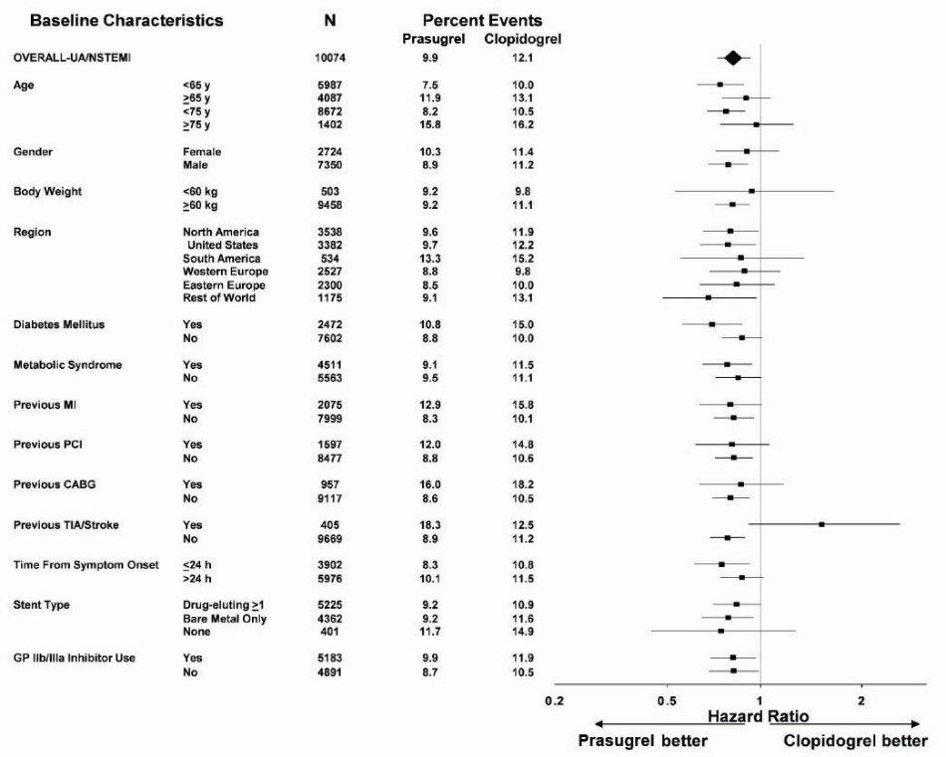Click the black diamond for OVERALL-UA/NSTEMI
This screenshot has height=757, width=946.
[733, 59]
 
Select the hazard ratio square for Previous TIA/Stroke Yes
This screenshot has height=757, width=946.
[822, 524]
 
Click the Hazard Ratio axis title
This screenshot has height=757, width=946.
[759, 716]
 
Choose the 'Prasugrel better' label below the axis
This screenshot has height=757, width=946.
[643, 741]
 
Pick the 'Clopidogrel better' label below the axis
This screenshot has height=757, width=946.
[855, 741]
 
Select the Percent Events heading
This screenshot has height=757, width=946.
[482, 20]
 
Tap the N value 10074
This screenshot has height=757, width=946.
[330, 59]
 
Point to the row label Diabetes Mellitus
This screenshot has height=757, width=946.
[60, 325]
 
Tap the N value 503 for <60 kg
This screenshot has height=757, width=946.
[330, 191]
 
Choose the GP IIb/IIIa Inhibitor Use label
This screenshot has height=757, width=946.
[75, 658]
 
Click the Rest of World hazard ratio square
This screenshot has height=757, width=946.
[708, 297]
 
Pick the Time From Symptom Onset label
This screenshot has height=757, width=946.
[86, 565]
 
